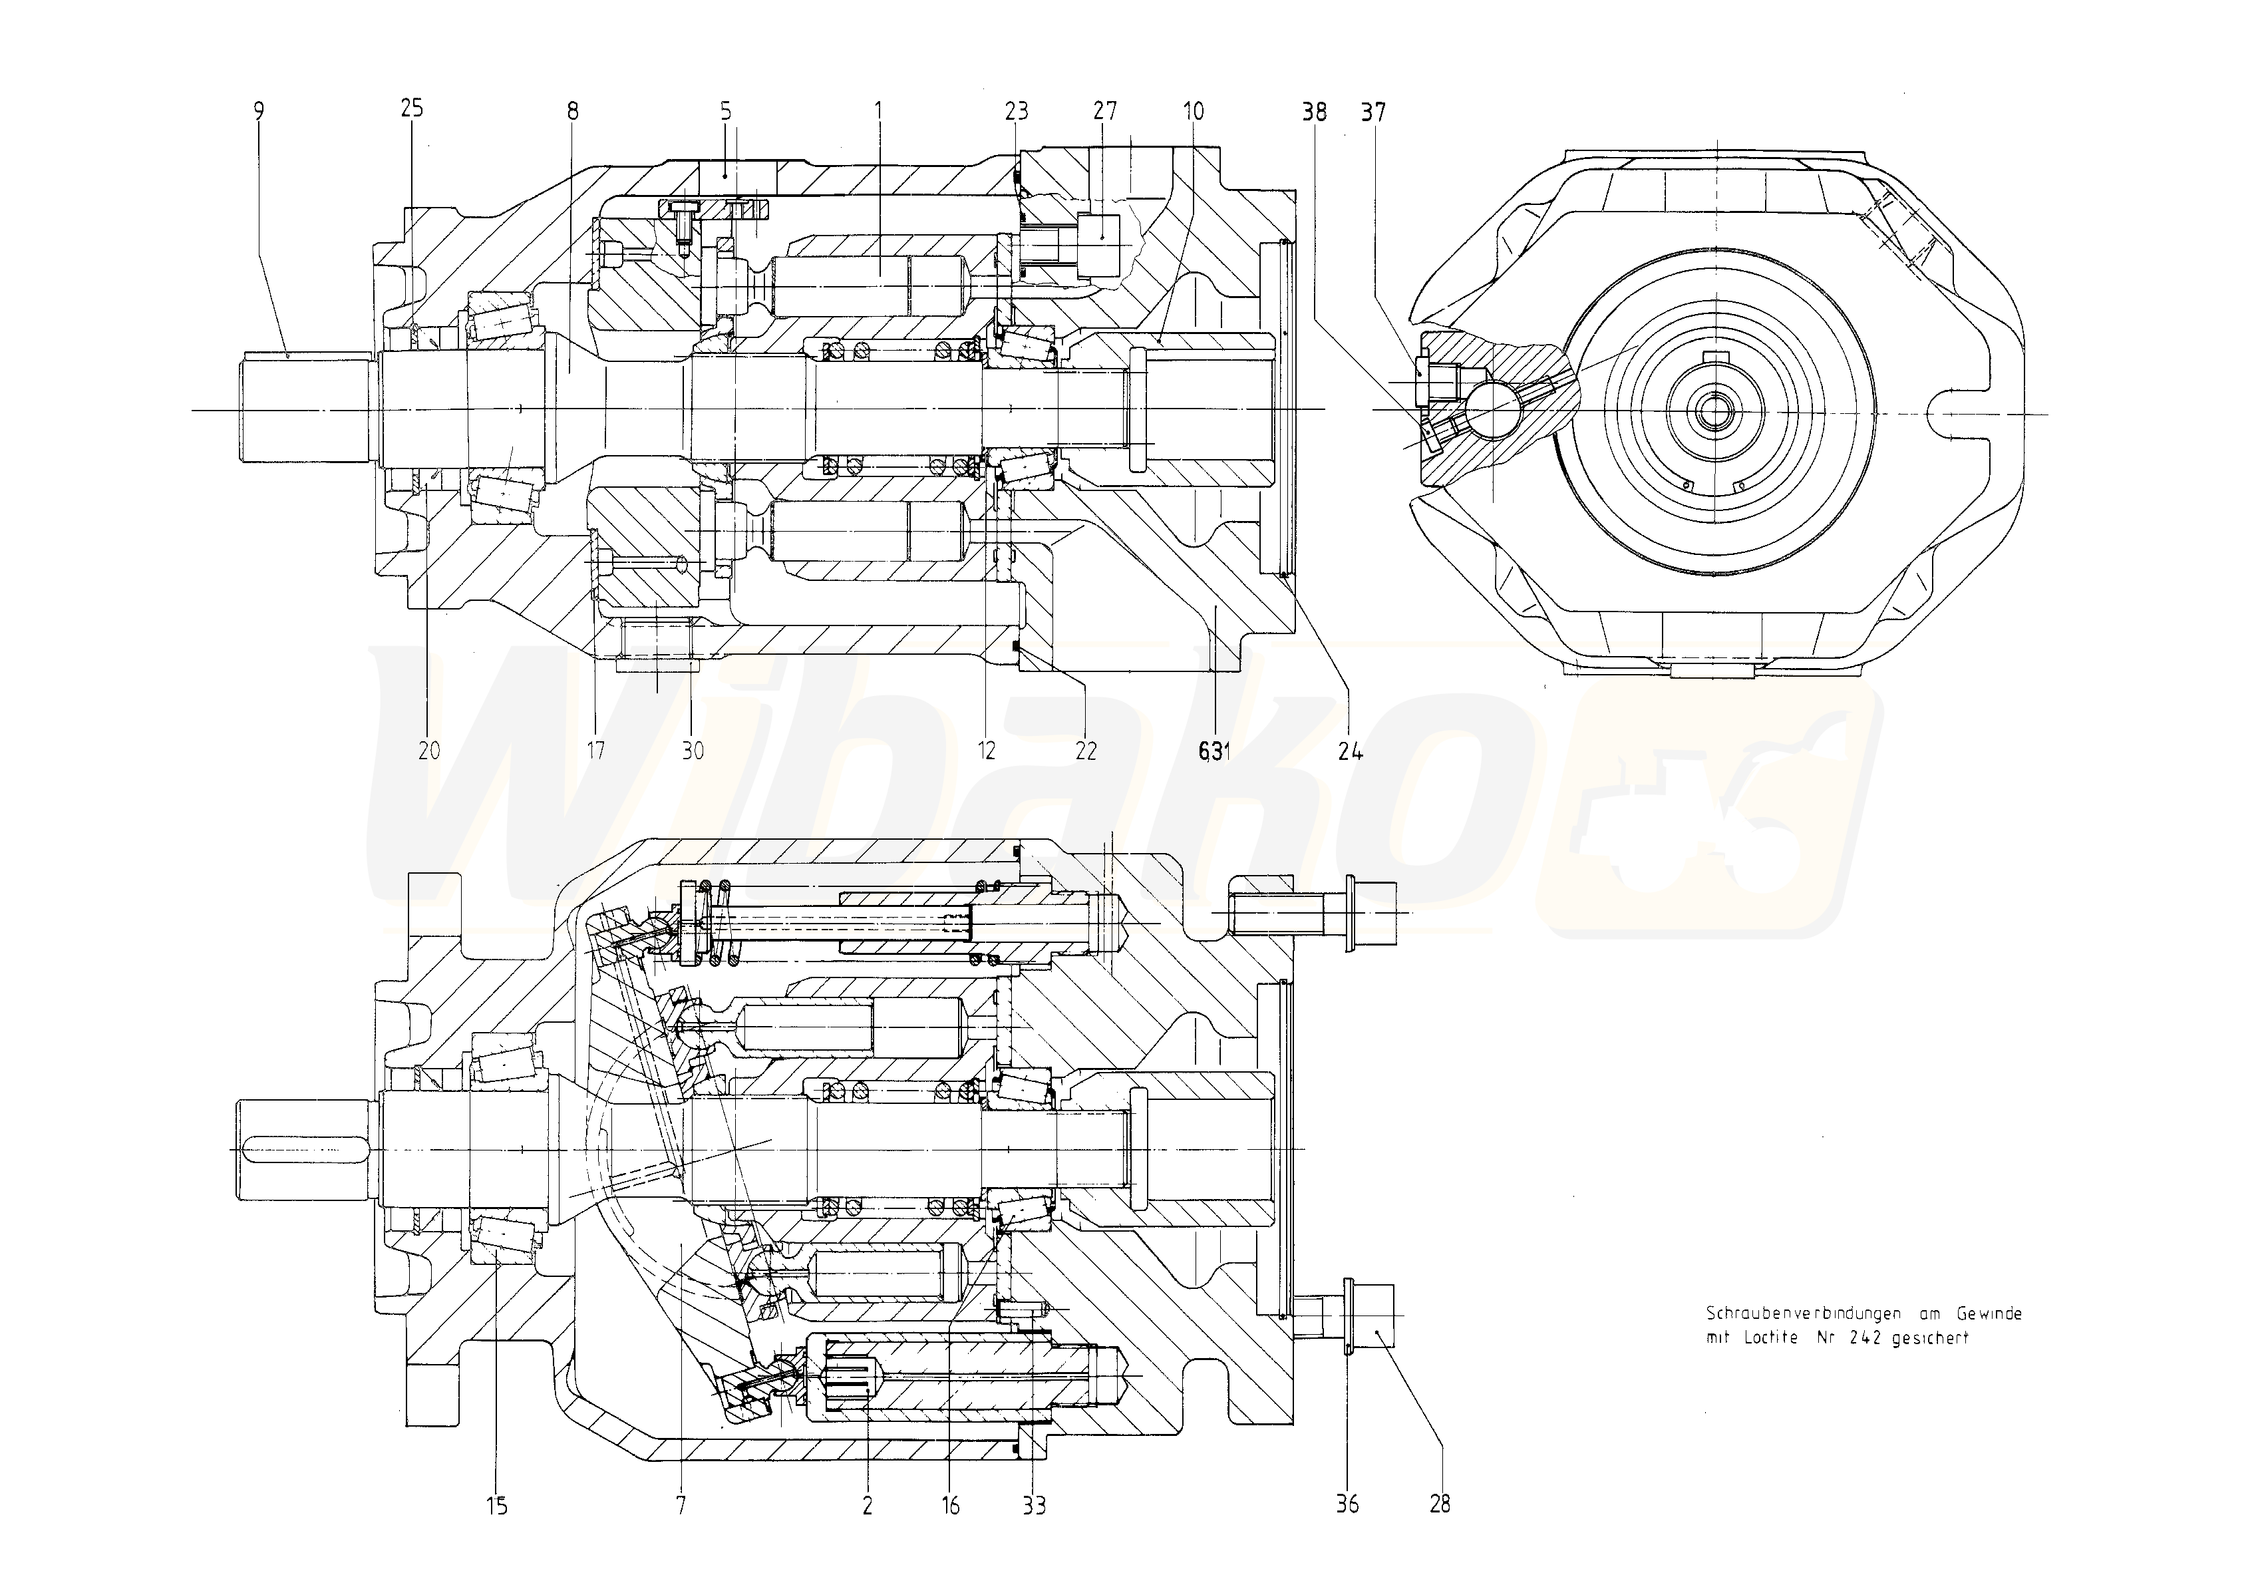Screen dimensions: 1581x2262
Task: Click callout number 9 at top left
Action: tap(259, 110)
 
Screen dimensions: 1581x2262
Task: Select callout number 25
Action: tap(412, 107)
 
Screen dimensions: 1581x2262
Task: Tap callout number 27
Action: tap(1104, 110)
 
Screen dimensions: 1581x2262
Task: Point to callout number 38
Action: tap(1314, 111)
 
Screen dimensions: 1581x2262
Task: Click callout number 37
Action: tap(1373, 111)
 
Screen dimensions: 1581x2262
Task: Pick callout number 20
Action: tap(428, 750)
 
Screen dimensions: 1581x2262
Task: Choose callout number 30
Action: tap(693, 750)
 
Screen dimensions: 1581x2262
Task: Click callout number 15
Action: tap(496, 1505)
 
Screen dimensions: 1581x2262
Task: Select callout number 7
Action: tap(681, 1505)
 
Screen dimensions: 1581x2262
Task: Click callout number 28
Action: tap(1440, 1503)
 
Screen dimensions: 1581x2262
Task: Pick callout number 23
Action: tap(1017, 110)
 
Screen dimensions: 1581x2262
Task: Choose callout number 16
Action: tap(951, 1505)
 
